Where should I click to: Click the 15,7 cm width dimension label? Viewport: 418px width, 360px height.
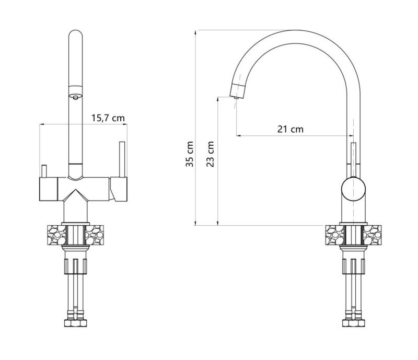pos(108,118)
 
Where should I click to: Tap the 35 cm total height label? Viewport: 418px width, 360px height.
pos(190,154)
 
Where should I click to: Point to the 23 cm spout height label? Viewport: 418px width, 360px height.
pos(210,154)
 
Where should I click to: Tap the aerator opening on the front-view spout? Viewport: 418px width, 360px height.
pos(76,97)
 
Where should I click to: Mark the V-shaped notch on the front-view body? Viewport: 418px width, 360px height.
pos(76,192)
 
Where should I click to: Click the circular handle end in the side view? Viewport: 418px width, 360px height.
pos(354,189)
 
